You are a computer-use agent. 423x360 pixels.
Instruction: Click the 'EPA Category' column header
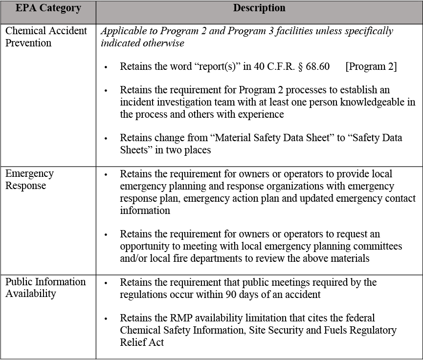(47, 9)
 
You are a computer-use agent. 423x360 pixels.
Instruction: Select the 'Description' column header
(259, 8)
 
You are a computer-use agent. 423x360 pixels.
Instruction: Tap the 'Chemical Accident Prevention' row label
(46, 37)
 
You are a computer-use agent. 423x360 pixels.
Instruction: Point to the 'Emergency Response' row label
(29, 179)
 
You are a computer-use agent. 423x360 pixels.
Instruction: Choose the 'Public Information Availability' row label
(45, 287)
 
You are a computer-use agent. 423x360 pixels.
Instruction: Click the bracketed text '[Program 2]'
(371, 66)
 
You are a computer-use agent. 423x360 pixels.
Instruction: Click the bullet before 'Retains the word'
(106, 67)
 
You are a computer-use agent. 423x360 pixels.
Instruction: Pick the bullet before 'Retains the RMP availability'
(106, 319)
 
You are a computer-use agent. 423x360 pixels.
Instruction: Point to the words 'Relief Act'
(142, 342)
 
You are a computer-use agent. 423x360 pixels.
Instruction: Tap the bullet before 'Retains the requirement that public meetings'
(106, 283)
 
